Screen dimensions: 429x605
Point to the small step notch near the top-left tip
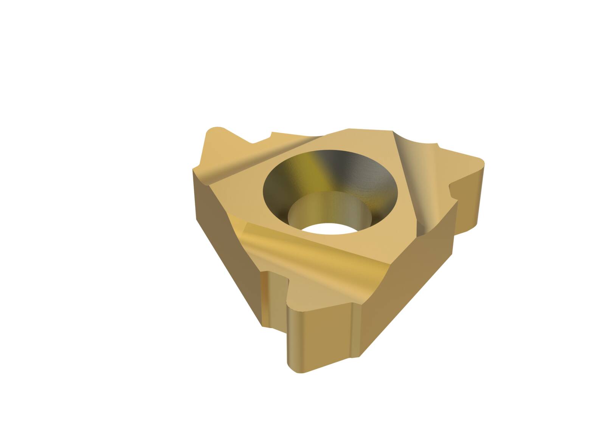point(265,138)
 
